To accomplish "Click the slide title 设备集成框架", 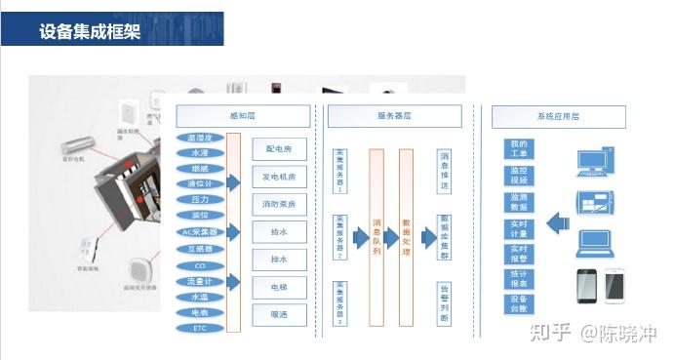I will pyautogui.click(x=90, y=31).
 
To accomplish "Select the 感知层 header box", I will pyautogui.click(x=243, y=116).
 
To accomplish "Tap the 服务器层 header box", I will pyautogui.click(x=393, y=116).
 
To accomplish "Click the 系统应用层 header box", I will pyautogui.click(x=562, y=116).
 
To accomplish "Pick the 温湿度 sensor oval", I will pyautogui.click(x=200, y=138).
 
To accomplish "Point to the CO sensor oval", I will pyautogui.click(x=200, y=265).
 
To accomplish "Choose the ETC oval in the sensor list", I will pyautogui.click(x=200, y=329).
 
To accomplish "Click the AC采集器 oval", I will pyautogui.click(x=200, y=232).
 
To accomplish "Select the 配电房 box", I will pyautogui.click(x=280, y=148).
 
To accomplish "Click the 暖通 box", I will pyautogui.click(x=280, y=314).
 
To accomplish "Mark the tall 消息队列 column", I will pyautogui.click(x=376, y=237).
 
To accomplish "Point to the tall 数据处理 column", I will pyautogui.click(x=407, y=237).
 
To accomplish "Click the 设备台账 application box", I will pyautogui.click(x=519, y=305).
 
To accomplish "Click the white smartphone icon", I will pyautogui.click(x=614, y=286).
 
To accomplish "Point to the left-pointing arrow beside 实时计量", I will pyautogui.click(x=557, y=224).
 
